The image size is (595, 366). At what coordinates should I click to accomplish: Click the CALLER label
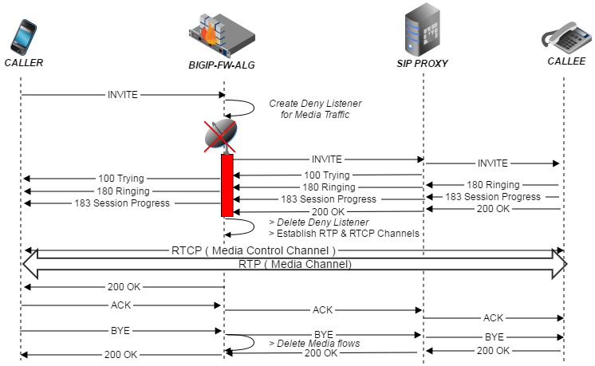click(24, 63)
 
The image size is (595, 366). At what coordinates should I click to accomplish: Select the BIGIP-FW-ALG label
click(222, 64)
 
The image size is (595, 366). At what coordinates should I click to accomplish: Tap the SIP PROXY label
click(423, 64)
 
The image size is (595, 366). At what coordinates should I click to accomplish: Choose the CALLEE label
click(566, 61)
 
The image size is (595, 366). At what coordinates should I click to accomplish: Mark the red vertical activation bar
click(227, 185)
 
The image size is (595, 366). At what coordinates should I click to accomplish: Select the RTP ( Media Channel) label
click(294, 262)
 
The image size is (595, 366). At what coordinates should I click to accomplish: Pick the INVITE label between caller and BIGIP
click(122, 95)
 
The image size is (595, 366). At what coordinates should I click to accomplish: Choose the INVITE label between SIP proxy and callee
click(492, 163)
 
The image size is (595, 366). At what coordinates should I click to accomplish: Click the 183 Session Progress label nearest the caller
click(122, 203)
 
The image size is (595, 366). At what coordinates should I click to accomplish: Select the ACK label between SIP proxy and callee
click(494, 317)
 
